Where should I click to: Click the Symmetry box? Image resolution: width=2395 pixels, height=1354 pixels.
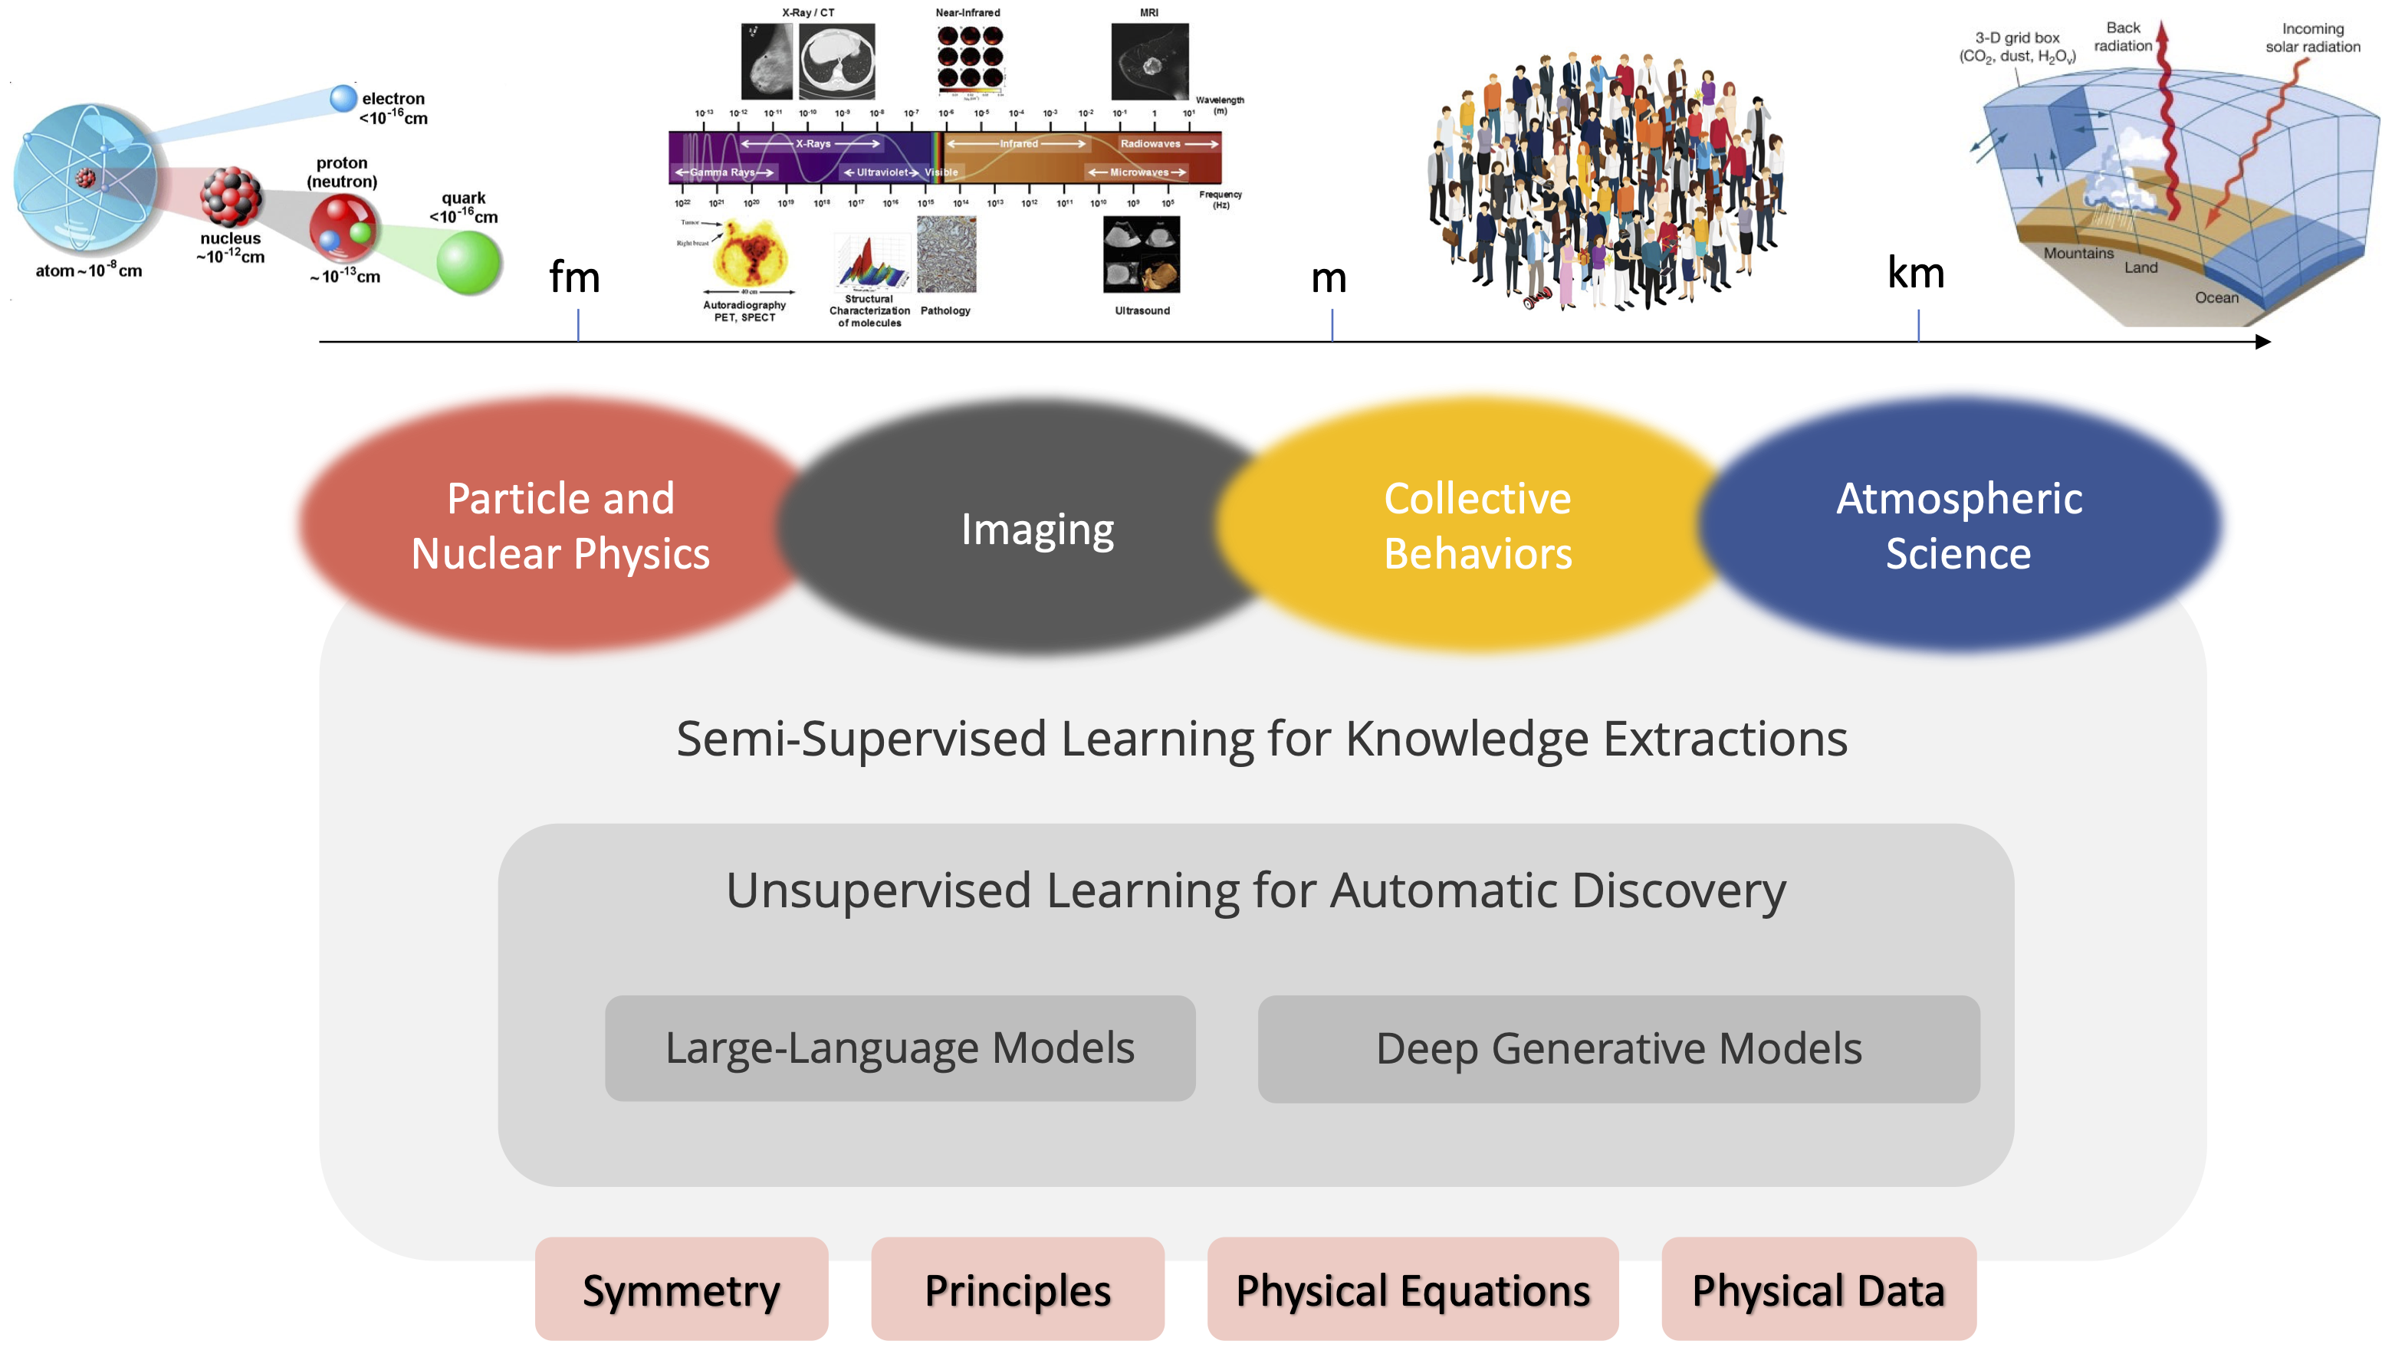coord(681,1289)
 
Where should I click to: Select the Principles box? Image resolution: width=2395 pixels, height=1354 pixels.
coord(1017,1289)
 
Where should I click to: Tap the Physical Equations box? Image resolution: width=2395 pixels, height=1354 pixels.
coord(1412,1289)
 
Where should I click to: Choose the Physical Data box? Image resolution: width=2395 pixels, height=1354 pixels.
coord(1818,1289)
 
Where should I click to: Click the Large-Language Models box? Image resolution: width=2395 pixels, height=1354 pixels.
coord(899,1048)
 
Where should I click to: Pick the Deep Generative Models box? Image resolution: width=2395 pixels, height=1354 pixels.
coord(1618,1049)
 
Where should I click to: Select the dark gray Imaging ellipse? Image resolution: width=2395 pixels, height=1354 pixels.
coord(1037,528)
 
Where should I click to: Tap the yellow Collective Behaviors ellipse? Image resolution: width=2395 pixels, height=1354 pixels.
coord(1477,526)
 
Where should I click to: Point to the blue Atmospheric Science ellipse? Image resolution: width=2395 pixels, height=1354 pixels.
coord(1958,526)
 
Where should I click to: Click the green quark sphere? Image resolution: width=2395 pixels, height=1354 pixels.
coord(468,262)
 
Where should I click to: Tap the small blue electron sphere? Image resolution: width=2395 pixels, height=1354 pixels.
coord(343,97)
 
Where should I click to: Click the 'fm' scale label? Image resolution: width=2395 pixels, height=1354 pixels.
coord(574,277)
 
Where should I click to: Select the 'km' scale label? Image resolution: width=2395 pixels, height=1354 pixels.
coord(1915,274)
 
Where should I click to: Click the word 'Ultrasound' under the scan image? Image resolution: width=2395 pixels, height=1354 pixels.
coord(1142,310)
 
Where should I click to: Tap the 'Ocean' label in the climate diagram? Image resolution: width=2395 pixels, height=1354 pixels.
coord(2216,297)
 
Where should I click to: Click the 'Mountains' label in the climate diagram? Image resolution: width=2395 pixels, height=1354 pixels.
coord(2078,253)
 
